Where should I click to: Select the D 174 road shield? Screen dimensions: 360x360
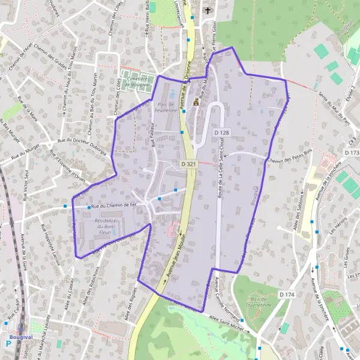(287, 294)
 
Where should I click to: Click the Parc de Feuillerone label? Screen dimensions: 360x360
(164, 107)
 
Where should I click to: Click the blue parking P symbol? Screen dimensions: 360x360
(8, 344)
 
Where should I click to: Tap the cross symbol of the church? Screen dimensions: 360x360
(208, 10)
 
